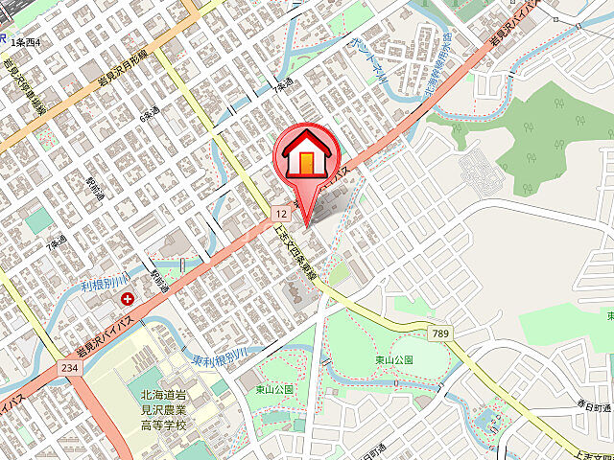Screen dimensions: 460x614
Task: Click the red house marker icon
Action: [x=305, y=155]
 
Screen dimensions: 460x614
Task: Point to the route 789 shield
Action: [x=440, y=333]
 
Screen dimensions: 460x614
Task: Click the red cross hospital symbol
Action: [x=127, y=300]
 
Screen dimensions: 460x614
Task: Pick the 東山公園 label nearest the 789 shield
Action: [x=394, y=360]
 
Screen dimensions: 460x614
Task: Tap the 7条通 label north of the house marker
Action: [x=282, y=88]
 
